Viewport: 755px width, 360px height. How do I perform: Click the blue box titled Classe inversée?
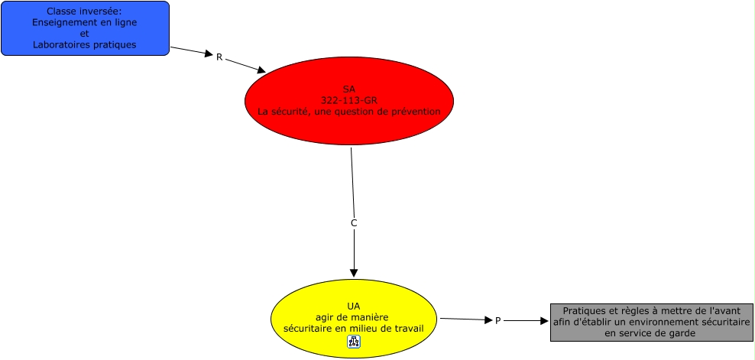click(x=84, y=28)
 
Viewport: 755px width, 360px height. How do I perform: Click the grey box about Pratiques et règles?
click(x=651, y=322)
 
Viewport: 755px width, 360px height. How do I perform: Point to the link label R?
click(x=219, y=57)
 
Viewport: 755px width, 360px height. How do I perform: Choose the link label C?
click(x=353, y=223)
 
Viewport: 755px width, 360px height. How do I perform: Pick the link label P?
click(x=497, y=321)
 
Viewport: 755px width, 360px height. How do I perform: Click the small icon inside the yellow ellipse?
click(x=353, y=342)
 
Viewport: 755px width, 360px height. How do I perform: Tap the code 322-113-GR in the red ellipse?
click(x=349, y=100)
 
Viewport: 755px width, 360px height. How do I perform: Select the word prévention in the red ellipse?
click(x=414, y=112)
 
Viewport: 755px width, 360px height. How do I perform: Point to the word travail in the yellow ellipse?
click(x=407, y=329)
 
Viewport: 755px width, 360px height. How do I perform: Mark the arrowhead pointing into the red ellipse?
click(x=261, y=70)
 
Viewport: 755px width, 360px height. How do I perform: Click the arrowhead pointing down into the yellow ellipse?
click(x=353, y=273)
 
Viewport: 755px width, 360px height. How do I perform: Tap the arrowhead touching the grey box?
click(x=544, y=322)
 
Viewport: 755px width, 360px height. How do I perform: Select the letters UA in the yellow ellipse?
click(x=353, y=306)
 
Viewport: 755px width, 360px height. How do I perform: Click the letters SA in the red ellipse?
click(x=348, y=89)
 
